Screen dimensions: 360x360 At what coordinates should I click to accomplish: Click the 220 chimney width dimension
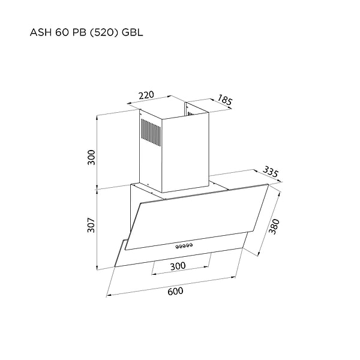point(146,95)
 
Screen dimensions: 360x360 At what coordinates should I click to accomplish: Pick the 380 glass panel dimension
point(275,225)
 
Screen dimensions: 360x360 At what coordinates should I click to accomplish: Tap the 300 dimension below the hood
point(178,266)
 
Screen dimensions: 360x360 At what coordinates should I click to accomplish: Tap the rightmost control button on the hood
point(190,244)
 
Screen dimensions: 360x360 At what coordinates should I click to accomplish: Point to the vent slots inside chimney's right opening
point(190,114)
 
